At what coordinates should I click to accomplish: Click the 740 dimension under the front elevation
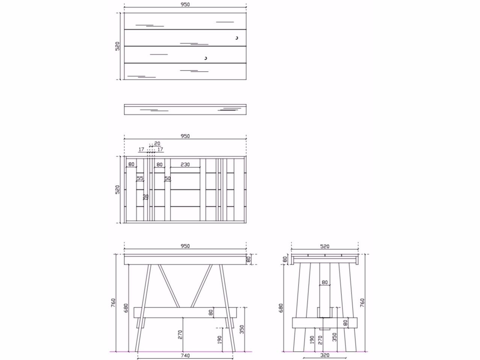(185, 355)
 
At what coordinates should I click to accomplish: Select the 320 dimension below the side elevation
(325, 355)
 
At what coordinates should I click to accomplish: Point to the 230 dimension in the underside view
(185, 164)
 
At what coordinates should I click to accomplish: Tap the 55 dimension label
(140, 178)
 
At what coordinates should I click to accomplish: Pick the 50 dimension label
(168, 178)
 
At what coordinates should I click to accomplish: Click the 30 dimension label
(146, 196)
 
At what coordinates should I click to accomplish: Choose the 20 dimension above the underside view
(157, 143)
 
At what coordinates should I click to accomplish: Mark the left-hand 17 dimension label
(141, 149)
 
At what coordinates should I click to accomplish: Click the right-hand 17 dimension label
(160, 149)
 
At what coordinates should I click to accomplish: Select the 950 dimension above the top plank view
(185, 5)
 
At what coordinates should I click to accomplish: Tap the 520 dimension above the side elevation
(325, 246)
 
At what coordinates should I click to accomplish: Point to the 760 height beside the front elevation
(113, 303)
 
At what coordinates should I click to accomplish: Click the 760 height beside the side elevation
(362, 303)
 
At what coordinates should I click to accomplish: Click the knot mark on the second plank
(237, 38)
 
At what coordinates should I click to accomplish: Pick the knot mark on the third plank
(205, 58)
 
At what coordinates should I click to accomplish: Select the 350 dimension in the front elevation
(242, 329)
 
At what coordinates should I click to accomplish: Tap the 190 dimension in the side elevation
(312, 340)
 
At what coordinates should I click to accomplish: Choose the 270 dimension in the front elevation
(180, 334)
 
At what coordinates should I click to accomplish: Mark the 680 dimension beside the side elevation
(281, 308)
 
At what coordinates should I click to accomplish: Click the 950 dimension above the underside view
(185, 136)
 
